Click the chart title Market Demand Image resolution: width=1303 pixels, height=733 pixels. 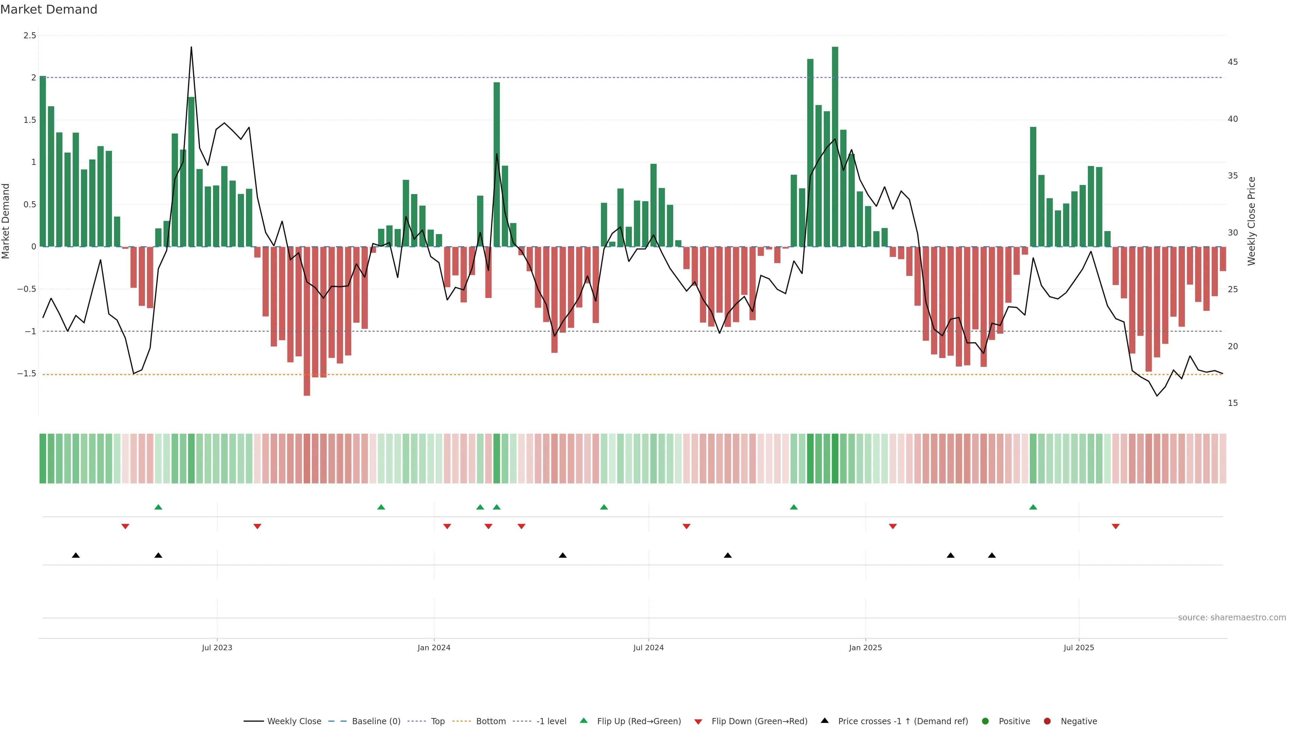(x=49, y=10)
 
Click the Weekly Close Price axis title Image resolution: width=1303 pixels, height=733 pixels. (x=1251, y=221)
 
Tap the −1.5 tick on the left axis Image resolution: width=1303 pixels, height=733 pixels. (x=26, y=374)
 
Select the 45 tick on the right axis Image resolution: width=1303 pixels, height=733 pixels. (x=1233, y=62)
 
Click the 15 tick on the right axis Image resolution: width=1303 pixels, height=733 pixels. (x=1233, y=403)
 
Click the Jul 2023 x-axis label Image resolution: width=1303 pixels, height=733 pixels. (x=217, y=647)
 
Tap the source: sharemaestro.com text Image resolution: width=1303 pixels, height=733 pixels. (x=1232, y=618)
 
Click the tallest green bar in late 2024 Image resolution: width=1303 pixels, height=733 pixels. (x=835, y=147)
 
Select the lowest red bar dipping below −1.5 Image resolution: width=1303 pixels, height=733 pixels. (x=307, y=321)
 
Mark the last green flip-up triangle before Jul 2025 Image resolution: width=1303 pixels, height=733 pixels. (x=1033, y=507)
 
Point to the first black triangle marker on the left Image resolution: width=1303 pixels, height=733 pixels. (x=76, y=556)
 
